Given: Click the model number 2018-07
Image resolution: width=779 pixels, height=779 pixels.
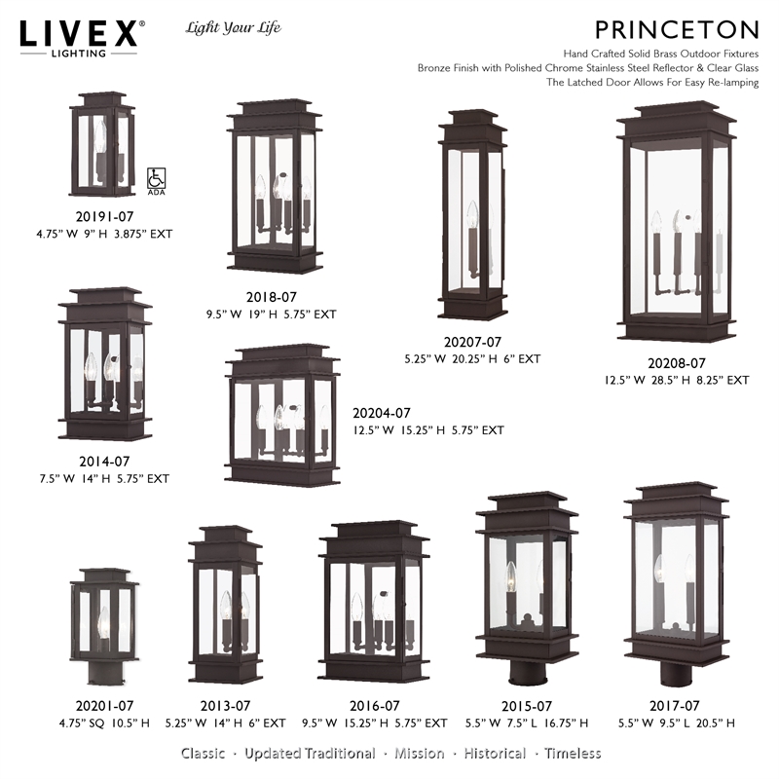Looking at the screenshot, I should coord(272,299).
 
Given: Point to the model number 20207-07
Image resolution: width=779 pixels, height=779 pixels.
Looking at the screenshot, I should coord(472,342).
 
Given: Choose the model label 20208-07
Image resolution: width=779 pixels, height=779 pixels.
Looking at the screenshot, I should coord(673,363).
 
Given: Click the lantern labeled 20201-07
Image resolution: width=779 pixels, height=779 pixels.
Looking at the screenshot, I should coord(102,623).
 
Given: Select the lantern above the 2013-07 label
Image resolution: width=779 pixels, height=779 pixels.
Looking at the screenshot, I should coord(225,609).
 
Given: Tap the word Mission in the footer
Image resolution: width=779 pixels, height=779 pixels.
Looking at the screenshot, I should coord(422,753).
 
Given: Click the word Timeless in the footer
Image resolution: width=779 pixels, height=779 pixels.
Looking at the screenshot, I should coord(573,753).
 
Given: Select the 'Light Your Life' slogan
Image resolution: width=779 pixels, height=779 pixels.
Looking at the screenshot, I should coord(233,27).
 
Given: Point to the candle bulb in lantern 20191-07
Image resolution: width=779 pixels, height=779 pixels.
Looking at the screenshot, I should coord(100,141).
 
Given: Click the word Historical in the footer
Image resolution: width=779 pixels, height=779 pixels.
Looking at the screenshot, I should coord(495,753).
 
